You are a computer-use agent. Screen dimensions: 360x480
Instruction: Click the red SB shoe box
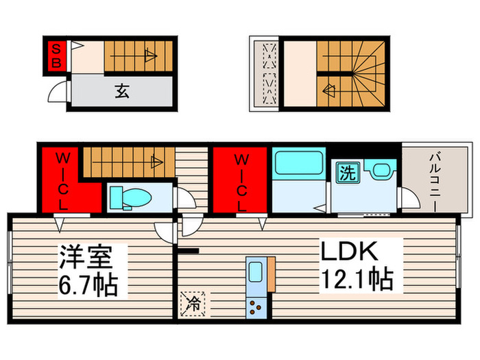click(x=57, y=56)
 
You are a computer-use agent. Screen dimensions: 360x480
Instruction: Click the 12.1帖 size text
click(x=356, y=280)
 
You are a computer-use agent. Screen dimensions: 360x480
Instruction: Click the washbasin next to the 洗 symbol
click(x=379, y=171)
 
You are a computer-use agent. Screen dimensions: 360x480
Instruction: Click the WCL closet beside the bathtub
click(x=241, y=180)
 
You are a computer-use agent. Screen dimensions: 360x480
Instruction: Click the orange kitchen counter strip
click(x=272, y=274)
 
